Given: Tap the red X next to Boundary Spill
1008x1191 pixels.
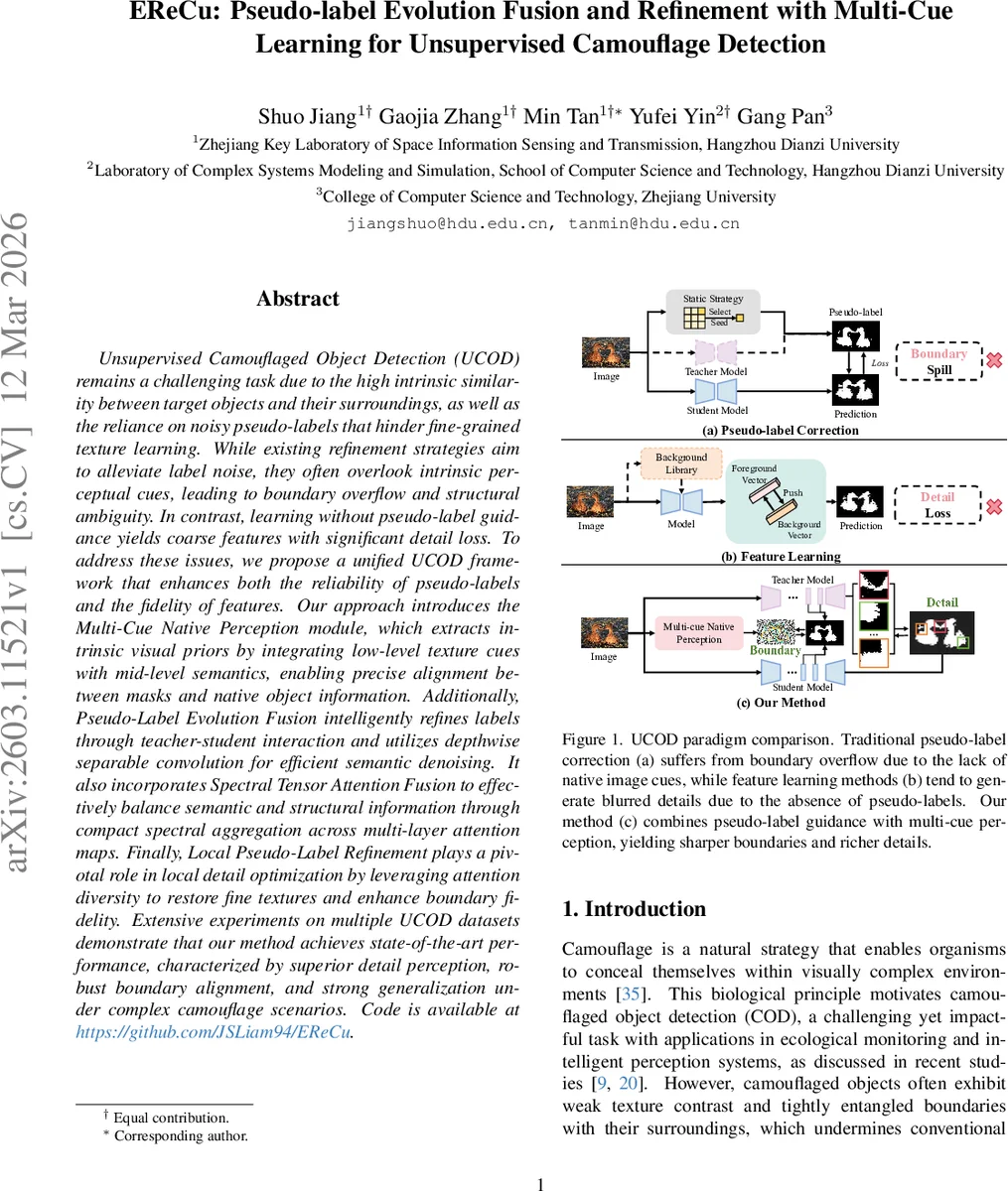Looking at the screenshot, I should [993, 361].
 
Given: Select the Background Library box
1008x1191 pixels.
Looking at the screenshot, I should [681, 463].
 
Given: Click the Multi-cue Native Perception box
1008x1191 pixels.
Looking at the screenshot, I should [699, 633].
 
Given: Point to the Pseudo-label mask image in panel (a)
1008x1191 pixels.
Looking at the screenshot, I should [855, 336].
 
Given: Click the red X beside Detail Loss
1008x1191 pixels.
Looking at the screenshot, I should [993, 506].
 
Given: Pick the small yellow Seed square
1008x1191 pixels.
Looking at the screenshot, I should [739, 319].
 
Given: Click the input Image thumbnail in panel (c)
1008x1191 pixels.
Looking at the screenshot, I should [603, 632].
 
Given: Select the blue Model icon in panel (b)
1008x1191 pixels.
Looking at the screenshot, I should [681, 502].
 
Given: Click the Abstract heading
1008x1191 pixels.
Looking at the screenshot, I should [298, 299].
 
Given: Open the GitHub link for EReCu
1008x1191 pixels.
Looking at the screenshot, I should [215, 1032].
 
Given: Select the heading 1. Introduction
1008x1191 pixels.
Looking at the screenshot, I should [634, 909].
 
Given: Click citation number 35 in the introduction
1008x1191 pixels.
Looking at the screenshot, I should [631, 993].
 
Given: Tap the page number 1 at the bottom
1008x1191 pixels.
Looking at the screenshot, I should [541, 1183].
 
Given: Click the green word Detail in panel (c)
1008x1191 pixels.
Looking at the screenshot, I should [941, 602].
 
